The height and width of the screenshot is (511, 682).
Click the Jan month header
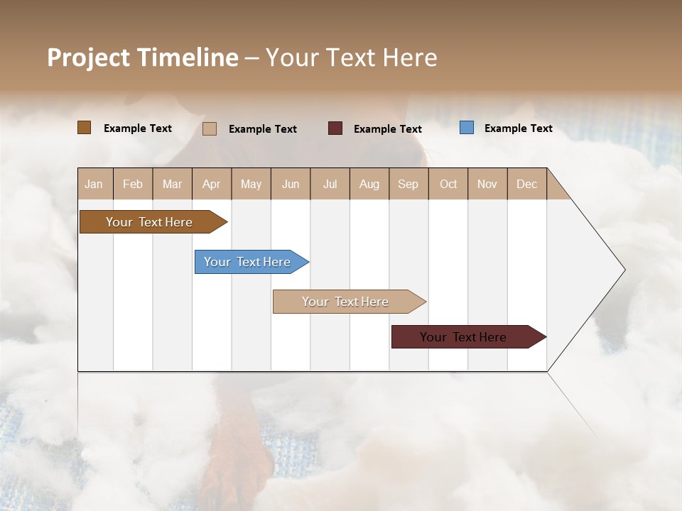[x=94, y=184]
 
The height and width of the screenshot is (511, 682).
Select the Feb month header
[x=133, y=184]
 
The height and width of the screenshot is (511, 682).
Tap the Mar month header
[x=172, y=184]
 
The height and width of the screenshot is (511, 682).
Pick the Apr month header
[x=212, y=184]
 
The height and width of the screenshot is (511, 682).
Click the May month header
[x=251, y=184]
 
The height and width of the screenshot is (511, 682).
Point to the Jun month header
[x=291, y=184]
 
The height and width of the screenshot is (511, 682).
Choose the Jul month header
[x=330, y=184]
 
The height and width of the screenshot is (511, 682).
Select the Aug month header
[x=369, y=184]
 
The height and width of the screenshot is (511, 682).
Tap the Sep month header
[x=408, y=184]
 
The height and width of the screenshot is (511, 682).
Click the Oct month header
[x=448, y=184]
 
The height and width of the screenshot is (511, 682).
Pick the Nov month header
[x=487, y=184]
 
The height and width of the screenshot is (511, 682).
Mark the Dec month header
[x=527, y=184]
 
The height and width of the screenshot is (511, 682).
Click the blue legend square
[x=467, y=128]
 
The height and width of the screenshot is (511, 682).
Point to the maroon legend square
[x=335, y=128]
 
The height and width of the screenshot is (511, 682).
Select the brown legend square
[x=85, y=127]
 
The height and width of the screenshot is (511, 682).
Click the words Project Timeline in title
[x=143, y=57]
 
